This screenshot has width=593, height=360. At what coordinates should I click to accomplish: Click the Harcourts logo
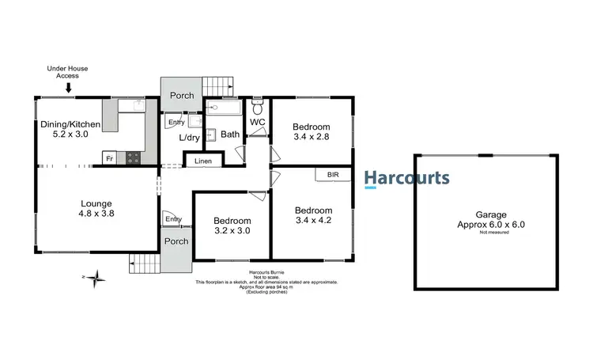pos(407,179)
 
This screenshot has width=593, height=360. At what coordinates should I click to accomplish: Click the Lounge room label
pos(96,208)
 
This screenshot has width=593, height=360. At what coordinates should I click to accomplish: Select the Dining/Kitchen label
pos(70,130)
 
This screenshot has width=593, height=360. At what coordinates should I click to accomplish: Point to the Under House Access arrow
pos(69,88)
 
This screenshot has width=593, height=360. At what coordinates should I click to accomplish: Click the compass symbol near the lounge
pos(96,277)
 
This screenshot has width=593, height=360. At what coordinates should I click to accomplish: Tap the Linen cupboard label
pos(203,161)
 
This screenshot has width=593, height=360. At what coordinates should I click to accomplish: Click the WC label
pos(258,123)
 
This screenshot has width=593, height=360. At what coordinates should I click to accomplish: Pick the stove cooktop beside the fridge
pos(132,157)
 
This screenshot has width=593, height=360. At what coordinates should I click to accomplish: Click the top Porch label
pos(181,96)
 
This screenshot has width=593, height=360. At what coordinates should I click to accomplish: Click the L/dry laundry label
pos(190,137)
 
